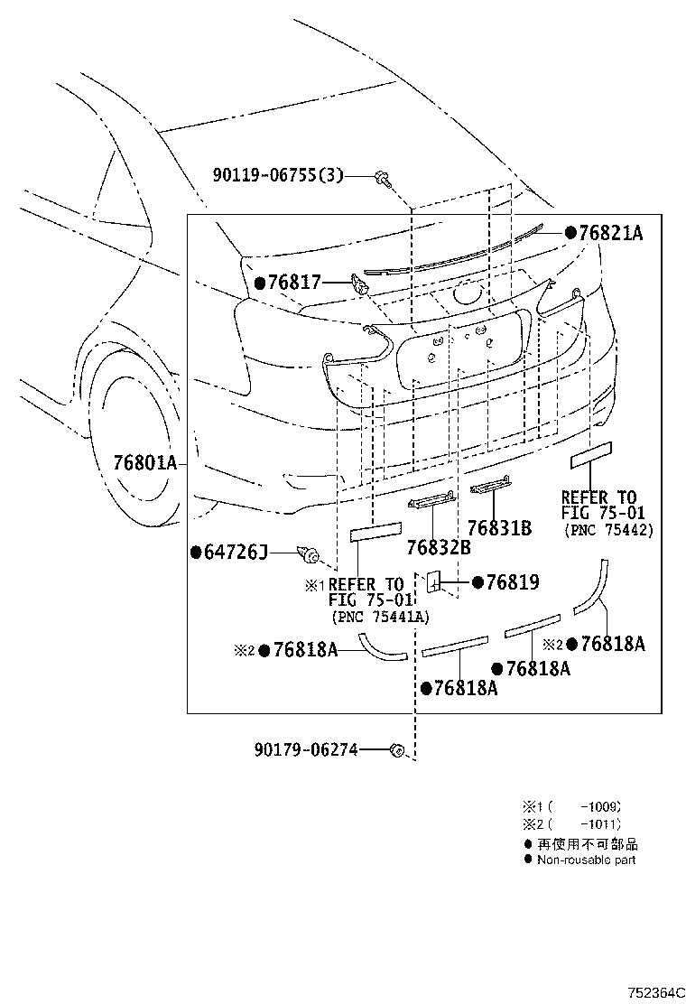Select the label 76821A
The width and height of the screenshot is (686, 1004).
610,233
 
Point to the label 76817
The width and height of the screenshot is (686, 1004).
294,283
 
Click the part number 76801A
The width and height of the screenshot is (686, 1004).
144,463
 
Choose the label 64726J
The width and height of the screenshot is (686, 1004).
236,552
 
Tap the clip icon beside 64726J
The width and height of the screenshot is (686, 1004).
311,553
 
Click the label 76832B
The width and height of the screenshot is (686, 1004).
438,547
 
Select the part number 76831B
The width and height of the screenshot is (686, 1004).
498,529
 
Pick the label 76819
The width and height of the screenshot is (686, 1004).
512,582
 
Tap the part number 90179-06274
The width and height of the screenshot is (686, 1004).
305,748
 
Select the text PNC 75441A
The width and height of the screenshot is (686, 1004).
380,617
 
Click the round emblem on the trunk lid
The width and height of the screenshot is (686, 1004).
467,292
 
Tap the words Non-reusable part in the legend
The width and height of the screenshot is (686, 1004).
586,860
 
